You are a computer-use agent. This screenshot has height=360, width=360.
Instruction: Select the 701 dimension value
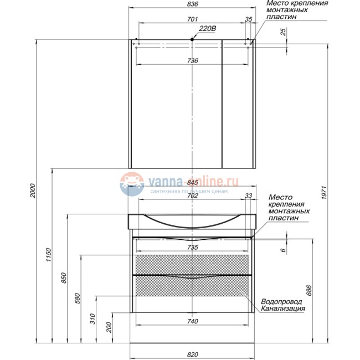coord(192,19)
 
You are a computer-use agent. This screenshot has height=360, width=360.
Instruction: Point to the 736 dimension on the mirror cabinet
coord(192,61)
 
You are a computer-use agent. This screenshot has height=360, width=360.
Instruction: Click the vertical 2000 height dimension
coord(33,191)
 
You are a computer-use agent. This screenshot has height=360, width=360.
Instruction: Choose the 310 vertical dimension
coord(92,318)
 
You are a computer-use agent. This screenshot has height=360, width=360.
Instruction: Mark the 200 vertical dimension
coord(108,328)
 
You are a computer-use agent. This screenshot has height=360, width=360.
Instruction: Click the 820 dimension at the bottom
coord(192,354)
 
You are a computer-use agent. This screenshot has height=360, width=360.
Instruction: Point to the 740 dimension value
coord(192,322)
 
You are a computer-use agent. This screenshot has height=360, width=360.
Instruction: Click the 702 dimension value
coord(192,196)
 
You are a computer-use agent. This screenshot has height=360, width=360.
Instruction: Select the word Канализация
coord(284,309)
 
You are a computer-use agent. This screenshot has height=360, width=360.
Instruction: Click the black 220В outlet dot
coord(192,39)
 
